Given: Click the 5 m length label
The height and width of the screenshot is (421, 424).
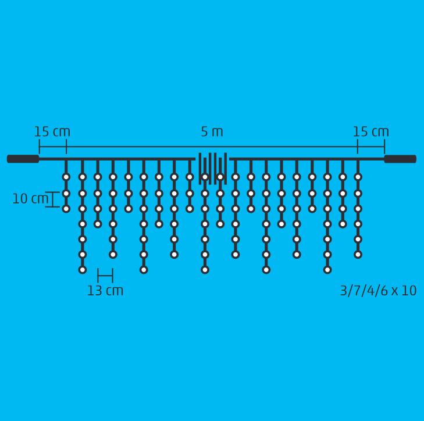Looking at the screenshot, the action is pyautogui.click(x=212, y=131).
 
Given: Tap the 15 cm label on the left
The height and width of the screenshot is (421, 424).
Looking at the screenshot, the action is pyautogui.click(x=52, y=131).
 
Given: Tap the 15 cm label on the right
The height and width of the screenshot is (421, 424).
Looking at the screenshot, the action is pyautogui.click(x=370, y=131).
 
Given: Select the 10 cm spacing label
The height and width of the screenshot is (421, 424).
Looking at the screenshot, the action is pyautogui.click(x=30, y=199).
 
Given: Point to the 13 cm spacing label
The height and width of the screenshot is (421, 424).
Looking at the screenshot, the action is pyautogui.click(x=105, y=291).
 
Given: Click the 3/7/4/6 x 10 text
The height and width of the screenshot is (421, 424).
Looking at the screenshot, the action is pyautogui.click(x=378, y=291).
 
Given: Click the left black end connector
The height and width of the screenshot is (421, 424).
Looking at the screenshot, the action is pyautogui.click(x=23, y=159).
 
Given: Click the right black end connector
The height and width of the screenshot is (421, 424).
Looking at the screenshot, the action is pyautogui.click(x=400, y=159).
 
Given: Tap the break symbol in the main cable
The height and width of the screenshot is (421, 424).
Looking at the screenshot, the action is pyautogui.click(x=213, y=169).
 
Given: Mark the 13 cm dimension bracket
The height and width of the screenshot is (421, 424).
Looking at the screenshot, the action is pyautogui.click(x=105, y=276).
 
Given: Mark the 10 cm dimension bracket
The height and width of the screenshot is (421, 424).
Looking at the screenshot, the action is pyautogui.click(x=52, y=199).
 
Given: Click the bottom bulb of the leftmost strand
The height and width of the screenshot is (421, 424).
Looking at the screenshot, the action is pyautogui.click(x=66, y=209).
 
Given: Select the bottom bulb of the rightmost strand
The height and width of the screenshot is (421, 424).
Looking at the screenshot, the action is pyautogui.click(x=358, y=255).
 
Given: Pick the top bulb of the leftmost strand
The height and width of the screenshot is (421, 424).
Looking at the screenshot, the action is pyautogui.click(x=66, y=177).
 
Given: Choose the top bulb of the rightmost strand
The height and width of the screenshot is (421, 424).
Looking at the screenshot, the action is pyautogui.click(x=358, y=177).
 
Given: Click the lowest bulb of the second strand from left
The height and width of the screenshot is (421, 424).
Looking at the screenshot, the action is pyautogui.click(x=83, y=270).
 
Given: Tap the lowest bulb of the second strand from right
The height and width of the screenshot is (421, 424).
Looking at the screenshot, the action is pyautogui.click(x=343, y=224).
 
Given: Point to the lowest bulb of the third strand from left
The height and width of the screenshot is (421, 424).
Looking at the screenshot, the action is pyautogui.click(x=98, y=224).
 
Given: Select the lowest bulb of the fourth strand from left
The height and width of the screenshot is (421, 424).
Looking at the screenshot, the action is pyautogui.click(x=113, y=255).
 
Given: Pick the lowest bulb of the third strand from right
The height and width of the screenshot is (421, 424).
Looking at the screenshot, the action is pyautogui.click(x=327, y=270).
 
